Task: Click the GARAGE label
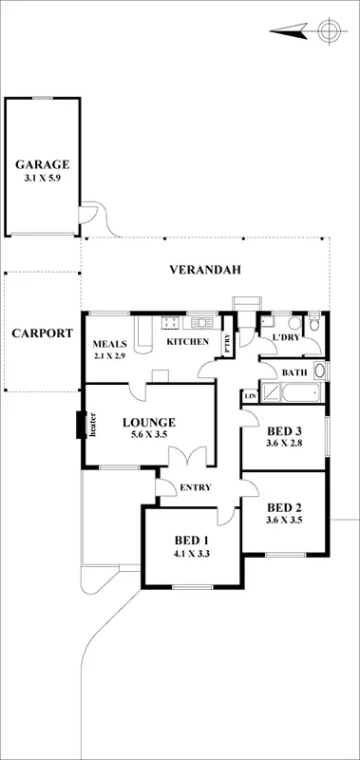coord(41,162)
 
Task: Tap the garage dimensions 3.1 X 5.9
coord(41,177)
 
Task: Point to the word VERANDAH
coord(205,270)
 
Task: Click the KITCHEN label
coord(187,342)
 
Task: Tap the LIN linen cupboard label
coord(251,395)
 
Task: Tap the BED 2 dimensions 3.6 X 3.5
coord(284,520)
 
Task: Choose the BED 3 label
coord(284,429)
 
